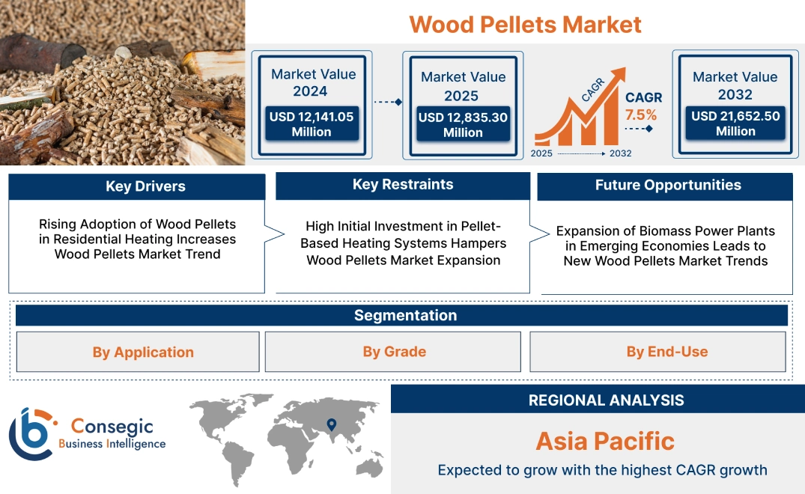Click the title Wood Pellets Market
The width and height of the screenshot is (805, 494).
coord(525,24)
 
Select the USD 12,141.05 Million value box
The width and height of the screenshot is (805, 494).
coord(311,124)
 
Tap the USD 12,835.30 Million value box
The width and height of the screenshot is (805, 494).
coord(463,124)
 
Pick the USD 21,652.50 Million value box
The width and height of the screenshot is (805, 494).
coord(735,124)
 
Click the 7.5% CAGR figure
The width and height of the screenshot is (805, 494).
coord(640,115)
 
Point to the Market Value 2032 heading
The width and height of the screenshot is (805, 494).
coord(735,85)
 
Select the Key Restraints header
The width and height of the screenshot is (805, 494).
coord(403,185)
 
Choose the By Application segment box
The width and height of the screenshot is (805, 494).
coord(143,352)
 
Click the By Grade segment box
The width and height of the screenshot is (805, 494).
coord(394,352)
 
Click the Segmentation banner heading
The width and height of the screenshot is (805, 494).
coord(405,315)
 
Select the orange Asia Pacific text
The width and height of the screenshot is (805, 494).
coord(605,441)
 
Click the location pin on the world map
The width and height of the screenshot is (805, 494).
coord(331,425)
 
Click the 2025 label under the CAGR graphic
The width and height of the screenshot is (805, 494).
coord(542,153)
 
